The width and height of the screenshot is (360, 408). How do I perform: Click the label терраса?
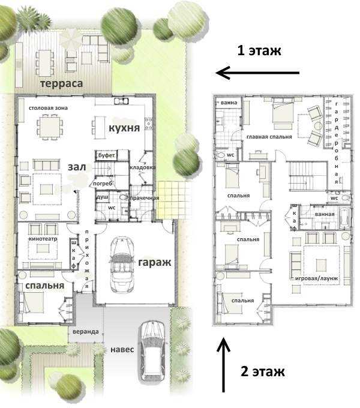click(62, 84)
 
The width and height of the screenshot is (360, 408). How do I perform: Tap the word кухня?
click(124, 128)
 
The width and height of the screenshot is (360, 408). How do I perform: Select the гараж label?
click(155, 262)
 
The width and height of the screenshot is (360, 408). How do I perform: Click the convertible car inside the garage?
click(122, 265)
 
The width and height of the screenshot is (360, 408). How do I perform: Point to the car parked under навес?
click(152, 351)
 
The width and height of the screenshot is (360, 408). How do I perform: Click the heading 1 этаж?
click(259, 50)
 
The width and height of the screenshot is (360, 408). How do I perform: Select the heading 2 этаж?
click(262, 371)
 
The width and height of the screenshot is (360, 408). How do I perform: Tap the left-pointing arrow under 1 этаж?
click(257, 73)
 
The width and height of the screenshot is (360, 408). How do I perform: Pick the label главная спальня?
click(269, 137)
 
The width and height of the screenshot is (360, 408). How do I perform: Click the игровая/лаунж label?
click(317, 278)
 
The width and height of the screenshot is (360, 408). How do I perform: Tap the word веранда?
click(86, 332)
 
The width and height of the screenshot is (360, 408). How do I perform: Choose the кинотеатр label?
click(43, 239)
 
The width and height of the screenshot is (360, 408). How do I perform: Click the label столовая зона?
click(48, 108)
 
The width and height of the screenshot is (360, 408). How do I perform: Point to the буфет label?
click(107, 155)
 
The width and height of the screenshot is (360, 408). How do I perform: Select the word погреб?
click(103, 184)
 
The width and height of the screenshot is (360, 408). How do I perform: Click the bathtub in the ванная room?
click(344, 218)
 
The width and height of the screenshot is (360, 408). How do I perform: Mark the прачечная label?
click(145, 198)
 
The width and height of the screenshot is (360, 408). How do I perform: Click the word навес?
click(122, 349)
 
